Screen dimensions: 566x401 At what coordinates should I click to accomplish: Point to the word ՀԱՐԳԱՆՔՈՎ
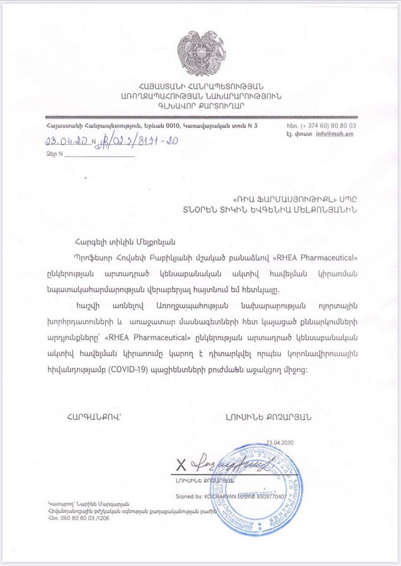coord(94,416)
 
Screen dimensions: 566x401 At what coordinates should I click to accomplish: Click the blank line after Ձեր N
coord(99,156)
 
